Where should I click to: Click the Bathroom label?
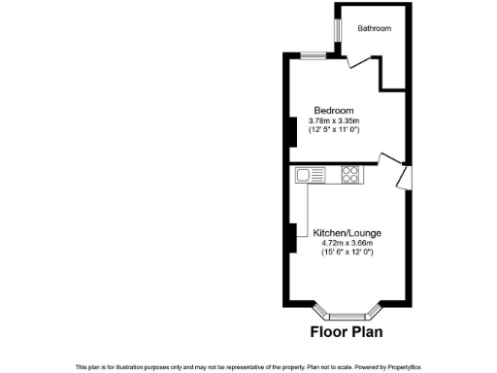pyautogui.click(x=375, y=29)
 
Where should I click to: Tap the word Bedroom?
pyautogui.click(x=333, y=110)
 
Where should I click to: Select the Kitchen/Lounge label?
pyautogui.click(x=347, y=233)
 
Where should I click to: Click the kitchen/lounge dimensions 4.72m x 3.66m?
pyautogui.click(x=347, y=243)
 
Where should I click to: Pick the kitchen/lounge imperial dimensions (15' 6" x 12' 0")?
pyautogui.click(x=347, y=253)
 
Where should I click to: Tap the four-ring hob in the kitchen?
pyautogui.click(x=350, y=175)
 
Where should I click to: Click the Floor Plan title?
pyautogui.click(x=346, y=331)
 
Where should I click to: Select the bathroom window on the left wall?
pyautogui.click(x=337, y=30)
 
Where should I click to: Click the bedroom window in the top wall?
pyautogui.click(x=313, y=54)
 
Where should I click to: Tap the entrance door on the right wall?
pyautogui.click(x=403, y=178)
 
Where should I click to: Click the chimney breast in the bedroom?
pyautogui.click(x=289, y=130)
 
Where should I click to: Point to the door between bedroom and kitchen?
pyautogui.click(x=388, y=160)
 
